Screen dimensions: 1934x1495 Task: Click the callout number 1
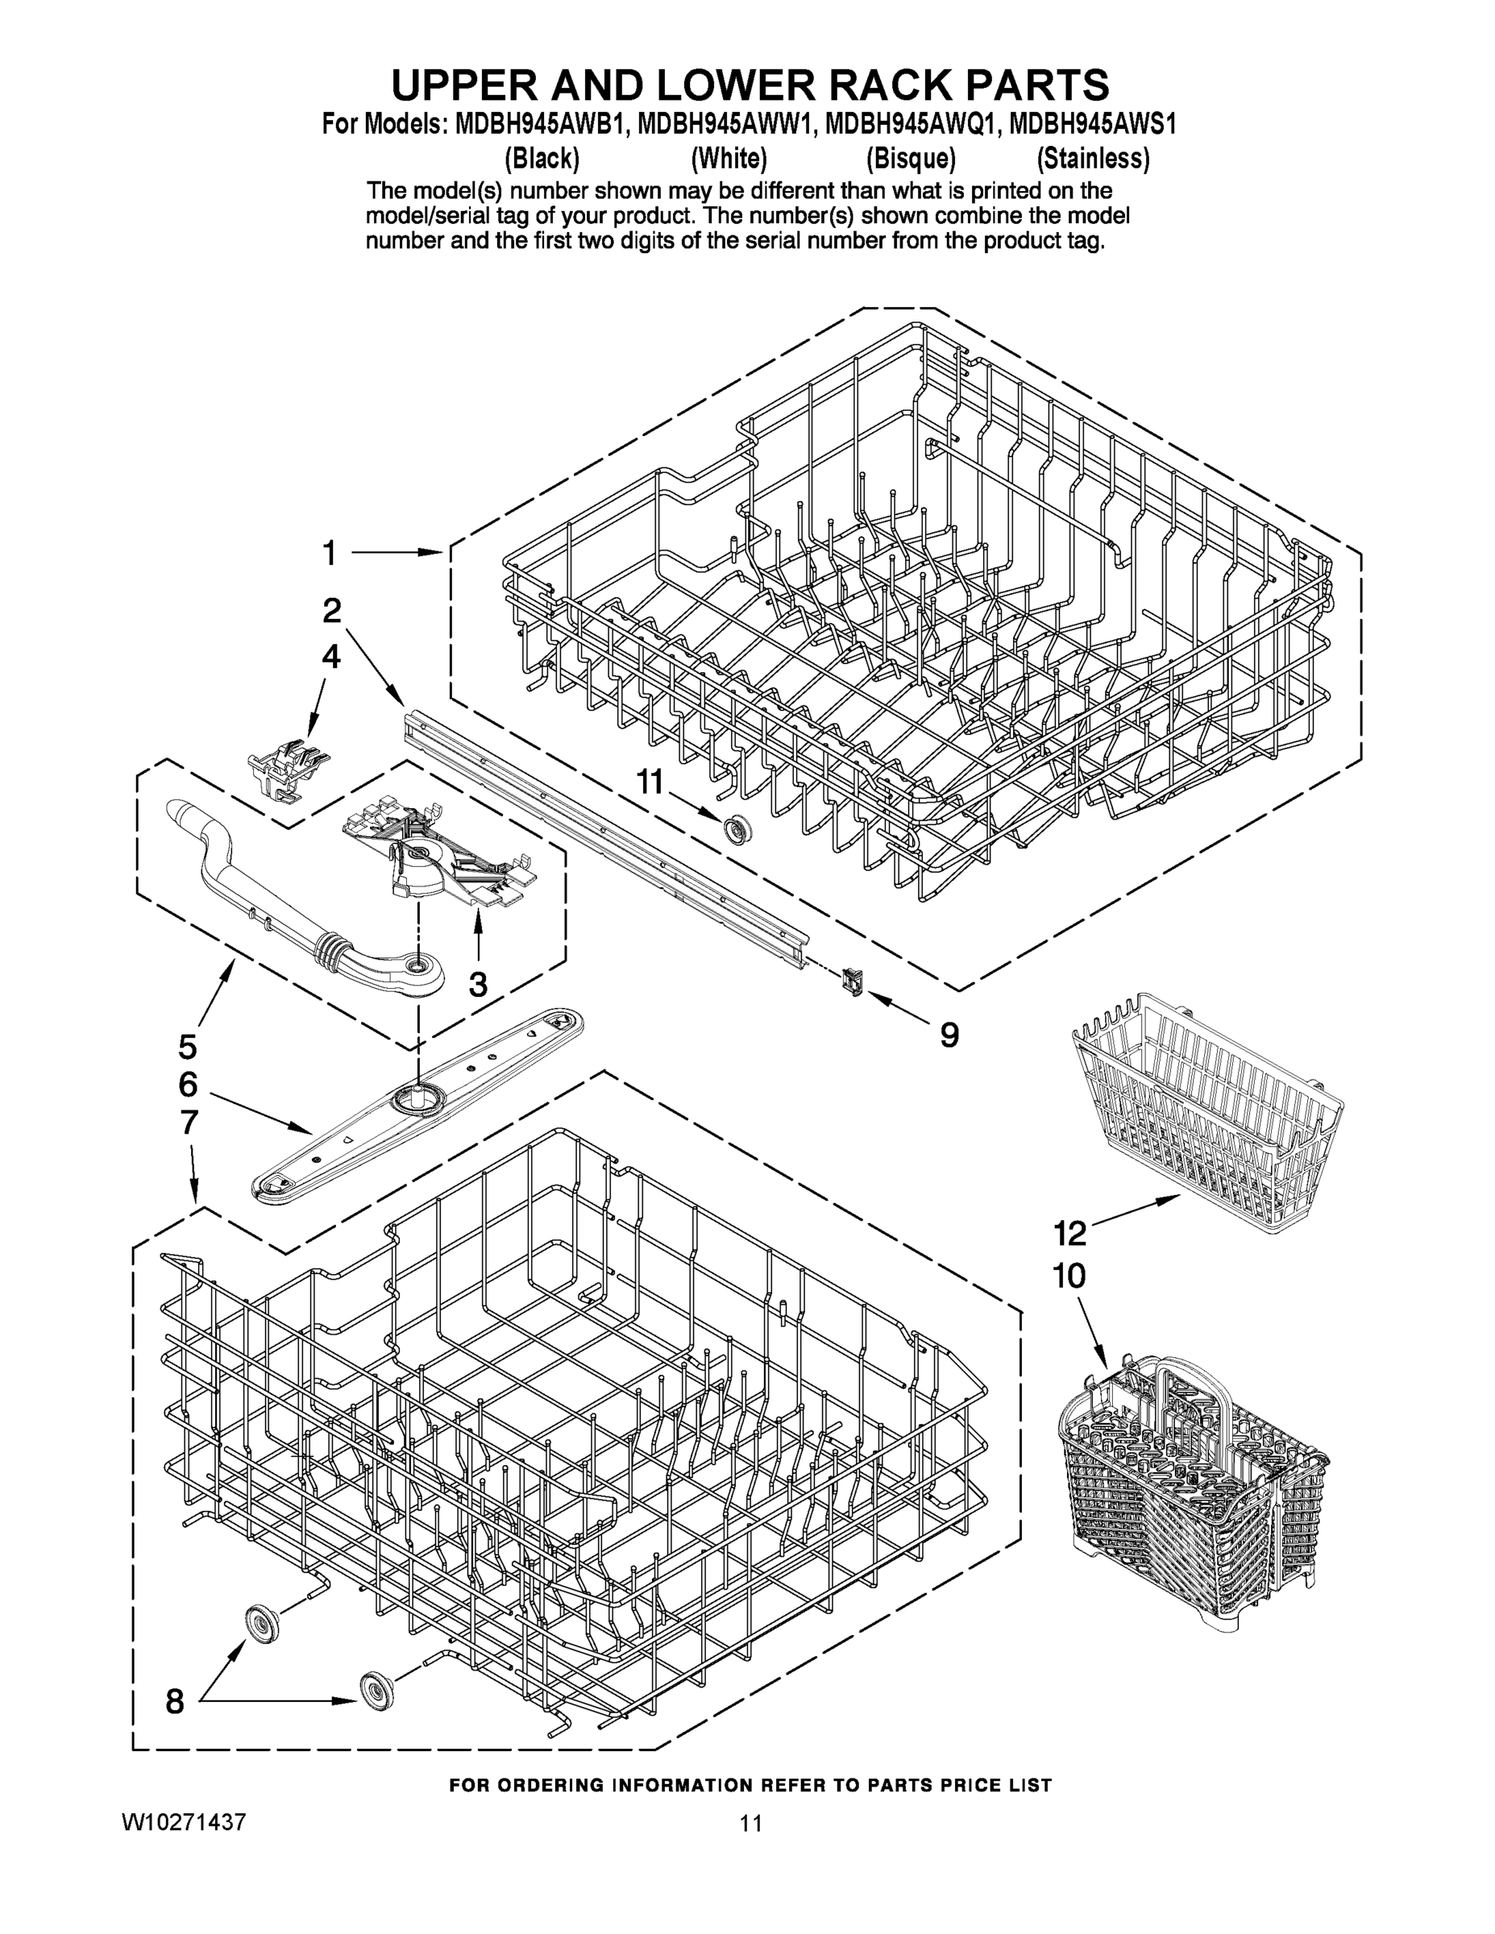click(330, 554)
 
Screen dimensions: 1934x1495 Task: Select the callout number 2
click(331, 611)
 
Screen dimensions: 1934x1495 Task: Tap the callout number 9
click(949, 1035)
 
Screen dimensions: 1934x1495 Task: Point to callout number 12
click(1069, 1232)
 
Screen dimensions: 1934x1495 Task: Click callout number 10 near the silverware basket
click(1069, 1276)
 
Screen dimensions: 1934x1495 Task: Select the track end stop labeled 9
click(852, 982)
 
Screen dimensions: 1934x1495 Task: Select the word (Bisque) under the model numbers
click(911, 160)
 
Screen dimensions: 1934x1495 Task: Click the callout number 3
click(477, 984)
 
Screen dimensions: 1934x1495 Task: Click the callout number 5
click(188, 1047)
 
